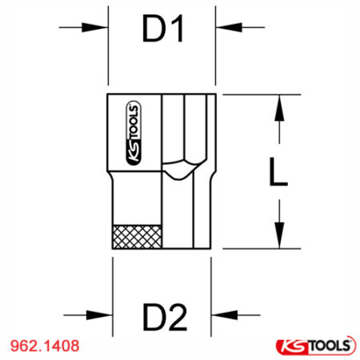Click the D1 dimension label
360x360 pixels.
(x=163, y=30)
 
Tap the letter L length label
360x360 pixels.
(x=277, y=171)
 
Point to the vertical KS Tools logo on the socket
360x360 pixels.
(x=132, y=131)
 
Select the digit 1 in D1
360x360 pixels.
(x=177, y=30)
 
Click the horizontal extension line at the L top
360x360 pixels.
(x=256, y=94)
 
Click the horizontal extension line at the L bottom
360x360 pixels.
(x=256, y=247)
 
